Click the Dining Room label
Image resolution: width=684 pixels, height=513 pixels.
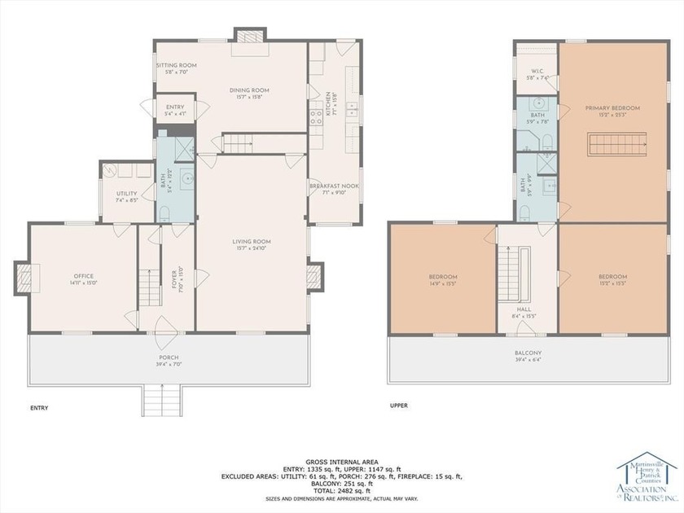click(x=254, y=90)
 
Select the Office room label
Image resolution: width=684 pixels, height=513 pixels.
click(x=79, y=276)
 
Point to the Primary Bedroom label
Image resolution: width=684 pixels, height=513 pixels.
click(x=612, y=107)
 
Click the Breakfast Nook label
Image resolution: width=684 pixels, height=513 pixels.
click(x=334, y=186)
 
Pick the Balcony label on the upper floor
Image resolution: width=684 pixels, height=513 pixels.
click(x=528, y=353)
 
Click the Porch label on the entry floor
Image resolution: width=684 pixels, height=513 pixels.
click(x=169, y=357)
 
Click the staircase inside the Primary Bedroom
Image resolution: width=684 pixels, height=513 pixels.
click(x=612, y=146)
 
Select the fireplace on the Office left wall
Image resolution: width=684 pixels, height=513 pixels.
click(x=24, y=278)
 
